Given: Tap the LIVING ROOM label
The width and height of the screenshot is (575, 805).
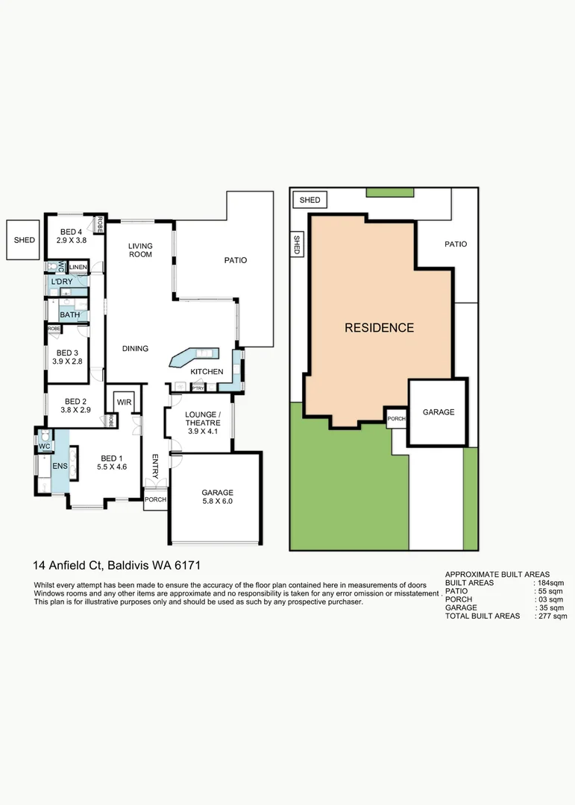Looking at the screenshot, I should click(x=139, y=250).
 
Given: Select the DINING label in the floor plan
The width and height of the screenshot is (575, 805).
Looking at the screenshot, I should click(x=135, y=348).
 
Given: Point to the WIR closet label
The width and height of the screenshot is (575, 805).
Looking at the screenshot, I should click(x=123, y=402).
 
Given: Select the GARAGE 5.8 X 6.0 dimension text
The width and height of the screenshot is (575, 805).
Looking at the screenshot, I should click(x=217, y=502).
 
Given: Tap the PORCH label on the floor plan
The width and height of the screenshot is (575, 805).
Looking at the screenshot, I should click(x=155, y=499).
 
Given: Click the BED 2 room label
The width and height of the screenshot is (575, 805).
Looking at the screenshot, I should click(x=76, y=400).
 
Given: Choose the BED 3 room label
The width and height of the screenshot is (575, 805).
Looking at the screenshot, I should click(x=66, y=353).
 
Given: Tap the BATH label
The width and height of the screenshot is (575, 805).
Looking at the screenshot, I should click(x=69, y=315).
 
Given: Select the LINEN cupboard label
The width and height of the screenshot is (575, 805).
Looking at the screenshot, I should click(x=79, y=267).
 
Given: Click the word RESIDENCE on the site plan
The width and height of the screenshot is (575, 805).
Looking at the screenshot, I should click(x=379, y=327).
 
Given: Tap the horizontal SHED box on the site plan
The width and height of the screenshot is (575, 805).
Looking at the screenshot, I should click(x=310, y=200).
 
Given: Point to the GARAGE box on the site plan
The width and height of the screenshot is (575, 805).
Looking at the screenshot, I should click(x=439, y=412).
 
